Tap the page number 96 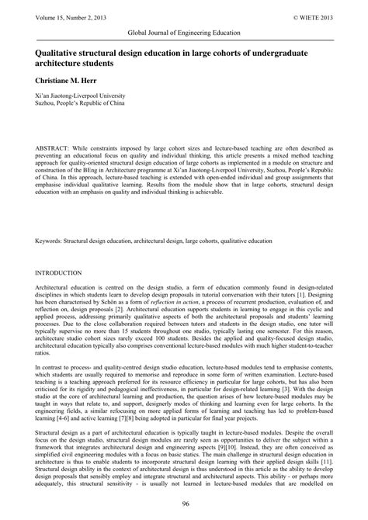[184, 505]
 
